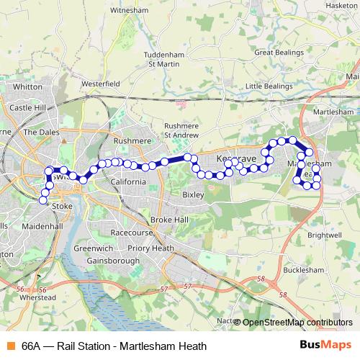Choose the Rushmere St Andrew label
181,129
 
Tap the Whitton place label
28,86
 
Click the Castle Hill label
27,107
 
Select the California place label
128,182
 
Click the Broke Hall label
169,220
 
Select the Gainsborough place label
112,260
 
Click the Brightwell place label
323,235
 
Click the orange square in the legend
10,346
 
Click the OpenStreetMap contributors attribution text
297,323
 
